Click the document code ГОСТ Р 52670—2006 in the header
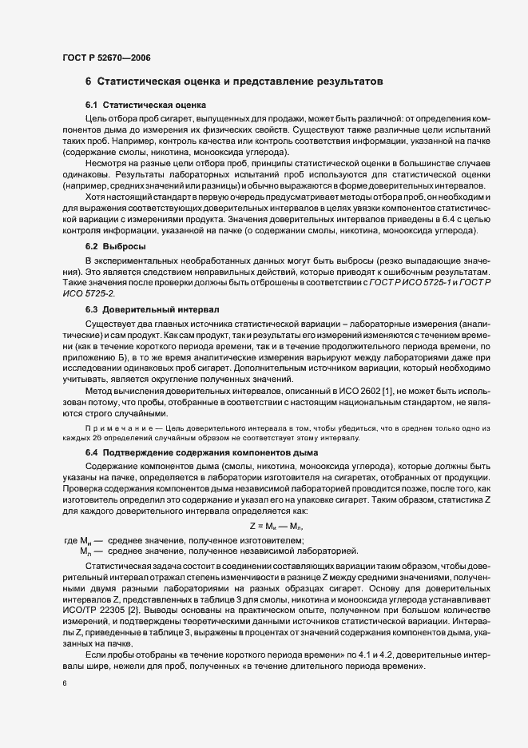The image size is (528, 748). [105, 58]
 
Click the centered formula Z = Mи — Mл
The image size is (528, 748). [276, 527]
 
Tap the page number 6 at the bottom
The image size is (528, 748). [65, 682]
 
